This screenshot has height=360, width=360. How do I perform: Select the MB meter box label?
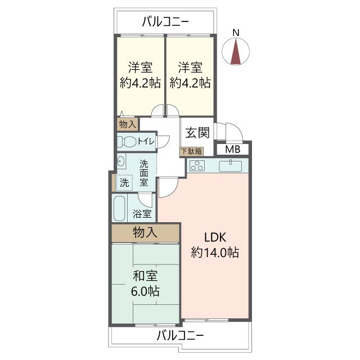tap(231, 149)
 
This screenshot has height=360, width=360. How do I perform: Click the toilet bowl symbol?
tap(129, 142)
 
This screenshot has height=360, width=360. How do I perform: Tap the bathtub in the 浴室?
tap(120, 209)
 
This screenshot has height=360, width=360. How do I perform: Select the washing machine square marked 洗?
tap(124, 182)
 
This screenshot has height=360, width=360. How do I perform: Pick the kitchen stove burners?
tap(197, 165)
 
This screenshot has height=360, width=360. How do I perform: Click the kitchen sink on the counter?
tap(230, 165)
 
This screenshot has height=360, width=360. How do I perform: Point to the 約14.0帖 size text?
tap(215, 253)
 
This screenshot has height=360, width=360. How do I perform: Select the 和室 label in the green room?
tap(145, 277)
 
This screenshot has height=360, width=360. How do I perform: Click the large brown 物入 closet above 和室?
tap(145, 232)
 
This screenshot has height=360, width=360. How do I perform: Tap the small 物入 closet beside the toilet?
tap(127, 124)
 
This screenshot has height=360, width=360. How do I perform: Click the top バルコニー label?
tap(165, 22)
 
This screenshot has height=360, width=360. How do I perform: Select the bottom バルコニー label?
tap(180, 336)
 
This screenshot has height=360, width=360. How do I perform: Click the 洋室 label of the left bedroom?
tap(140, 67)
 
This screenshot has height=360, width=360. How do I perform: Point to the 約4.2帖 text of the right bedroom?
tap(190, 83)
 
